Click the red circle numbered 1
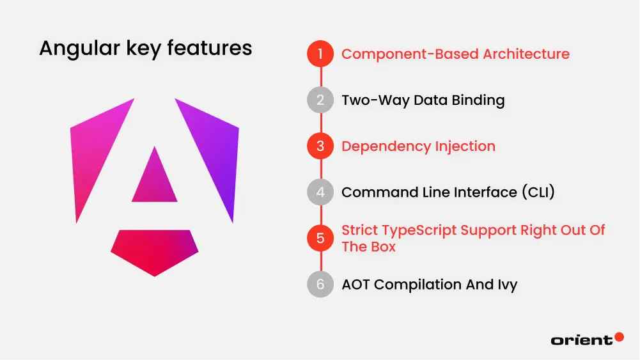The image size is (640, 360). (x=320, y=54)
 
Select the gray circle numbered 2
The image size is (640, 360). (x=320, y=100)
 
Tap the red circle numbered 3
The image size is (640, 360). (x=320, y=146)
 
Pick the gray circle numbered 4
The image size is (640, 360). (x=320, y=192)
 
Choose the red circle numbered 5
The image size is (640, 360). (x=320, y=238)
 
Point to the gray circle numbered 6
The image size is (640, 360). (x=320, y=284)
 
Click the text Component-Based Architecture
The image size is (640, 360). (x=455, y=54)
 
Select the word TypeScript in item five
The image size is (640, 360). (x=421, y=230)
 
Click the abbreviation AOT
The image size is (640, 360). (x=356, y=285)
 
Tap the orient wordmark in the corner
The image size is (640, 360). (x=581, y=340)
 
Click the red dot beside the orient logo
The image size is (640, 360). (x=619, y=336)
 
